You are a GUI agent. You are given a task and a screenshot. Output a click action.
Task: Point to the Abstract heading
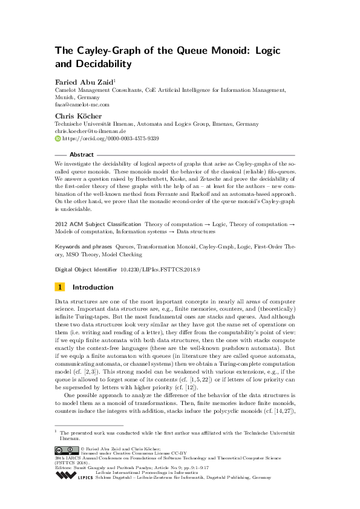[82, 155]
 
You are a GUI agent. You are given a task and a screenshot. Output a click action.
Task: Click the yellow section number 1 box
[59, 287]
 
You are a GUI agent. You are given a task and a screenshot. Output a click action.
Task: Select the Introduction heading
[93, 287]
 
